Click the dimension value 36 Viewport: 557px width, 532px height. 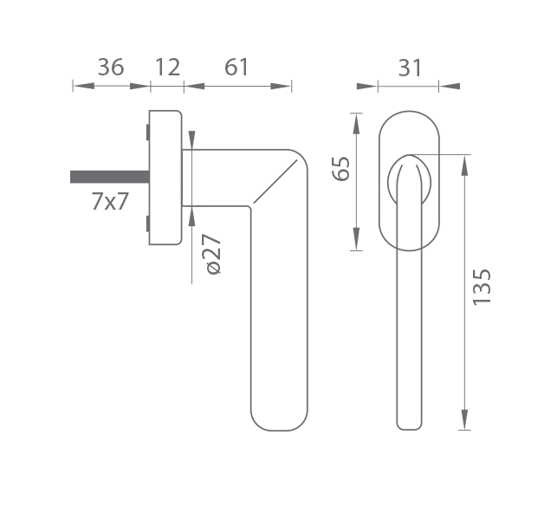111,67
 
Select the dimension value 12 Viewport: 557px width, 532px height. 168,67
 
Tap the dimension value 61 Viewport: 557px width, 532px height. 236,67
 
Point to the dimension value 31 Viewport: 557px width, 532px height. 410,68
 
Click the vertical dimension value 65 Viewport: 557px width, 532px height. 340,168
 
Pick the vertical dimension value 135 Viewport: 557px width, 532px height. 482,287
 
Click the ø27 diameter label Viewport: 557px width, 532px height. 213,254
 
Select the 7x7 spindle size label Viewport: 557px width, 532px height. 110,201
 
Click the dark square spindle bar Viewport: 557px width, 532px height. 110,177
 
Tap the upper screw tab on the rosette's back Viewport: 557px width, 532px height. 147,132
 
